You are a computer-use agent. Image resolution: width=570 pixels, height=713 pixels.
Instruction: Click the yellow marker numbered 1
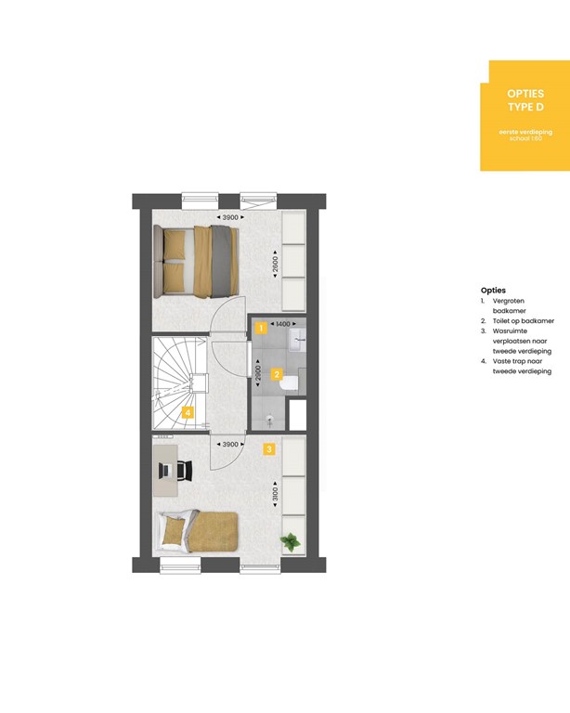coord(262,328)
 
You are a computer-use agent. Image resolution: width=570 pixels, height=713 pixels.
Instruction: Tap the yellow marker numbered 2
coord(277,376)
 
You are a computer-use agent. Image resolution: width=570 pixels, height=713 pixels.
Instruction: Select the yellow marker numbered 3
coord(268,449)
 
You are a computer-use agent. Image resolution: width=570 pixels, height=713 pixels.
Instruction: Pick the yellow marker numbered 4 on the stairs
coord(188,412)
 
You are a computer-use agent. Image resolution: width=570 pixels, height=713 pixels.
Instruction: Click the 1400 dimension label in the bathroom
coord(284,324)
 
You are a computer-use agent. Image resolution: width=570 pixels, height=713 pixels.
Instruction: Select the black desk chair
coord(184,471)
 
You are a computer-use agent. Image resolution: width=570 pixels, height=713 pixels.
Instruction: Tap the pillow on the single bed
coord(174,532)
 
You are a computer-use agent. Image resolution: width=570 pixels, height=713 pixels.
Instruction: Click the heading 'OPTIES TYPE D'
coord(525,100)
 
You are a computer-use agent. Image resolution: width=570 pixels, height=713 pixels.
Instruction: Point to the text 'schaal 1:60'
coord(525,138)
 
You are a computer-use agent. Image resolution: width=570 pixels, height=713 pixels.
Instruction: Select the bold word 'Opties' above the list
coord(494,291)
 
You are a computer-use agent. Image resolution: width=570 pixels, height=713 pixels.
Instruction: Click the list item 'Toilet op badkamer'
coord(523,321)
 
